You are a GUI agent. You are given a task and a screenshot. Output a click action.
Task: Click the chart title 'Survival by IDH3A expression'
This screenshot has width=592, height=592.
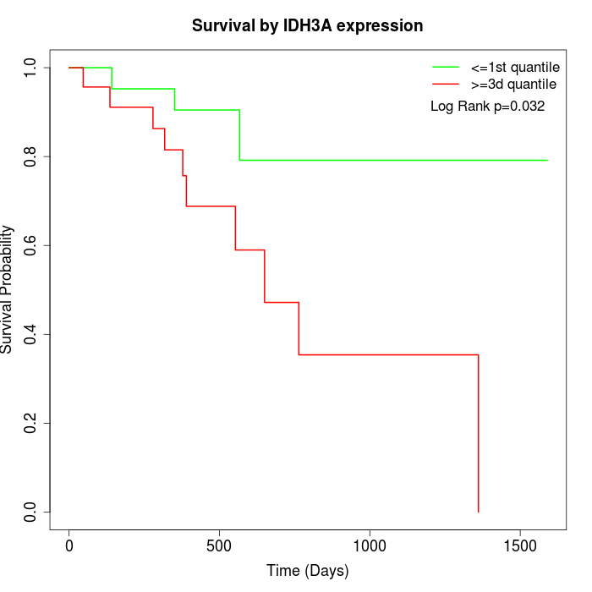coord(307,25)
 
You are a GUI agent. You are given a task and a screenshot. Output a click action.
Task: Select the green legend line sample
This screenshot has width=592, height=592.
coord(446,66)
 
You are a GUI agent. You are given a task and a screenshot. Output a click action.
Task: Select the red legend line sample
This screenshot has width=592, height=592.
coord(446,84)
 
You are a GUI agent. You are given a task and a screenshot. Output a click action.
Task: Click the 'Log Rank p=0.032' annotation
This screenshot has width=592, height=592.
coord(487,107)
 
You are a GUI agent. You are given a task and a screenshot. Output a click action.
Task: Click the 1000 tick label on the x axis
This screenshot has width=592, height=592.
coord(370,546)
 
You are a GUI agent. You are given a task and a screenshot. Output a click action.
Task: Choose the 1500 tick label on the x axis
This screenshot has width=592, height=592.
coord(520,546)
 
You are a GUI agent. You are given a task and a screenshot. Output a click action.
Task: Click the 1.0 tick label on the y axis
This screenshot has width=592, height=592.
coord(31,68)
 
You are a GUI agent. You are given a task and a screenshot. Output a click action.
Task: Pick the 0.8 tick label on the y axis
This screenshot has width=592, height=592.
coord(31,156)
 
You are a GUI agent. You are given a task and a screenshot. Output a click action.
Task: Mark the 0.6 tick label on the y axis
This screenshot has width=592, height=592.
coord(31,245)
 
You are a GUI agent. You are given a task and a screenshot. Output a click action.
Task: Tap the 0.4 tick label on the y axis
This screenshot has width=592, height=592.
coord(31,334)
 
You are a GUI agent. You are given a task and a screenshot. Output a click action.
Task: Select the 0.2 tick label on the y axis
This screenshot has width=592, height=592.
coord(31,423)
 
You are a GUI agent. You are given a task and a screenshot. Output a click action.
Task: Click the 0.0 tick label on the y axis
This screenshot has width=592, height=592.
coord(31,512)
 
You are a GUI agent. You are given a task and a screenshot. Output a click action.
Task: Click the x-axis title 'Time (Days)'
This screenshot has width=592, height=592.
coord(307,571)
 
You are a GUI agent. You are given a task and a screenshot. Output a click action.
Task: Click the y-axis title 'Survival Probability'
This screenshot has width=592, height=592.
coord(8,289)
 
